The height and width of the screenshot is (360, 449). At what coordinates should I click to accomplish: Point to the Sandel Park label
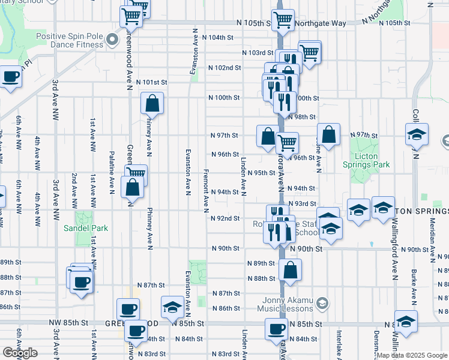click(x=86, y=228)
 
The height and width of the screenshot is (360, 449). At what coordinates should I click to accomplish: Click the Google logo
click(x=20, y=353)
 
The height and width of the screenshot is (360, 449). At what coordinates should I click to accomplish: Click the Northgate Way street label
click(x=325, y=23)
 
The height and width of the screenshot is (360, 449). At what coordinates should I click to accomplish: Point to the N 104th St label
click(x=217, y=37)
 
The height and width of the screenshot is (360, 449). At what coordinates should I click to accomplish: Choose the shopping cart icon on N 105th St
click(x=283, y=19)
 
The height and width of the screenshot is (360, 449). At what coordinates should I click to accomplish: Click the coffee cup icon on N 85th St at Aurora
click(x=277, y=329)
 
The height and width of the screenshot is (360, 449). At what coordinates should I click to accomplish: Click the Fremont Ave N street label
click(x=205, y=190)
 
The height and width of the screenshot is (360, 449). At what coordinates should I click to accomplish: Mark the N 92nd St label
click(x=226, y=218)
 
